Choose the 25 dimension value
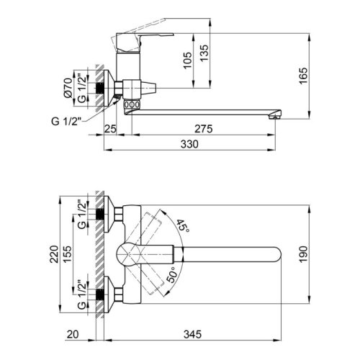click(110, 130)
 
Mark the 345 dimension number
click(193, 335)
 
